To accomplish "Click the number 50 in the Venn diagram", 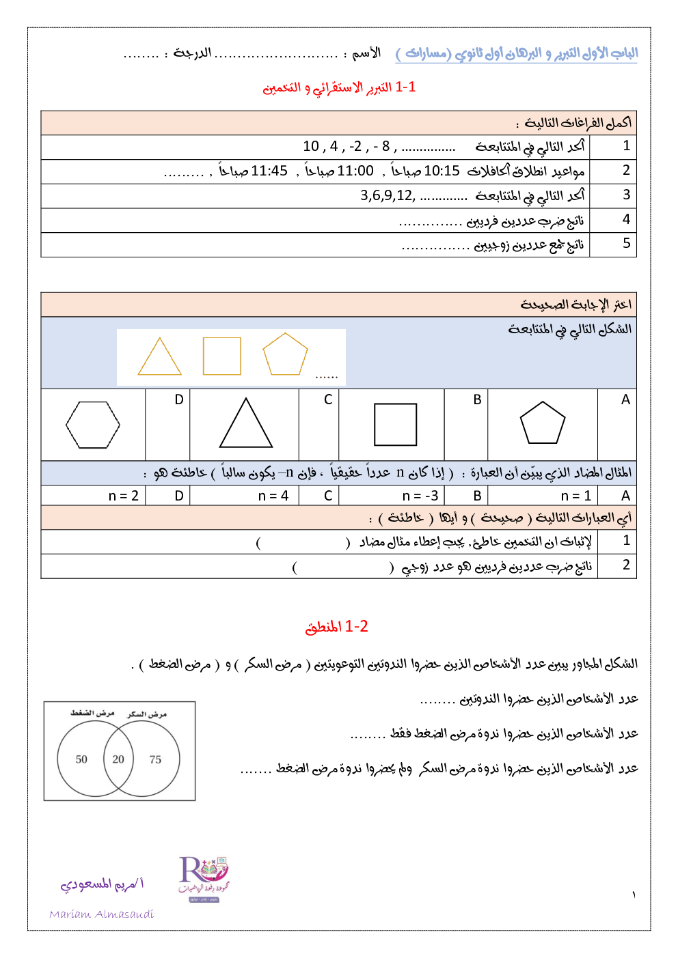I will (x=81, y=759).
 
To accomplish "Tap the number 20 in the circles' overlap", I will (x=118, y=759).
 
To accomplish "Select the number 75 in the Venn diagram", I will (x=155, y=759).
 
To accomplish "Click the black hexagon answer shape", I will (x=93, y=425).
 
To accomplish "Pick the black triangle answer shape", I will (x=246, y=425).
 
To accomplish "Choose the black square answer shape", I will (x=395, y=425).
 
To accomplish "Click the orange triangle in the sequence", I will (x=159, y=358).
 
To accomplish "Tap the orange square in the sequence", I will (x=222, y=356).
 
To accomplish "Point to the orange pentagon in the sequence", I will (x=285, y=355).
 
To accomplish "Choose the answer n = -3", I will (x=420, y=496).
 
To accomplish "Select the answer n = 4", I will (x=273, y=496).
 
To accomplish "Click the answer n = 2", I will (x=124, y=496).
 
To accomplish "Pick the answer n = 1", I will (x=575, y=496).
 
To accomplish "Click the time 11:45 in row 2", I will (x=269, y=171).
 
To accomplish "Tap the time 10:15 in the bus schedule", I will (x=442, y=171).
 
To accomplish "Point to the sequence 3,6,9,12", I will (x=388, y=196).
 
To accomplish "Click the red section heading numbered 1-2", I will (x=336, y=627).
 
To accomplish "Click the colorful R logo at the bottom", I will (x=203, y=877).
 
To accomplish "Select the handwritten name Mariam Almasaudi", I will (x=101, y=914).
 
